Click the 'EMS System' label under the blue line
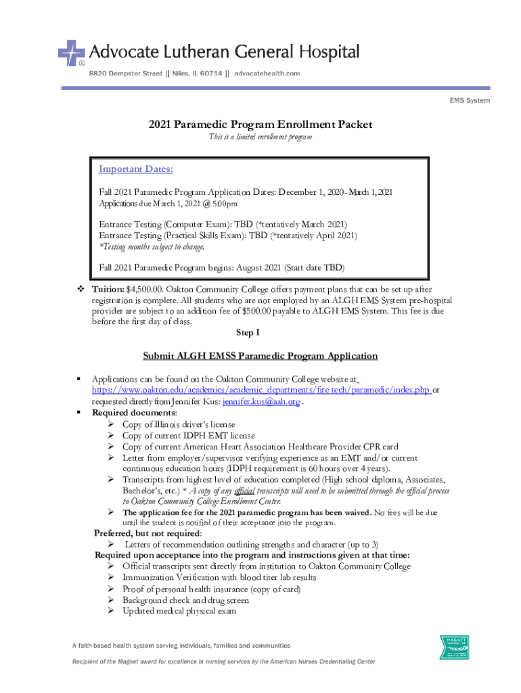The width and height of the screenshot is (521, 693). point(470,101)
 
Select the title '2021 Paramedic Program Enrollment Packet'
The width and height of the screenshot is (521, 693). point(260,125)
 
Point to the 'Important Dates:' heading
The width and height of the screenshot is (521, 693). point(136,169)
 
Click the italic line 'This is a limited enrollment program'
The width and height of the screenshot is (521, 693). point(260,137)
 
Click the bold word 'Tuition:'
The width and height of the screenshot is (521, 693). point(108,290)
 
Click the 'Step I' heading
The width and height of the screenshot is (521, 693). point(247,333)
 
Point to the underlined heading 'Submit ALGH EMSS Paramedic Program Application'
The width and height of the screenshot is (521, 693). point(260,356)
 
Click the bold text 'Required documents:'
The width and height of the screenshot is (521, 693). point(135,413)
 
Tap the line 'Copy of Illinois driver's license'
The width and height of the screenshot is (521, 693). point(179,424)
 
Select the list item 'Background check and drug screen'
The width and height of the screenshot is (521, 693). point(185,600)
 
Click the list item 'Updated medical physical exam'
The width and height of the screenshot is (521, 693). point(179,611)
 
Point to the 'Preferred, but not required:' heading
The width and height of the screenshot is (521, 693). point(138,533)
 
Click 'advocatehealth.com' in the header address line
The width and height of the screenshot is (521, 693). point(267,73)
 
